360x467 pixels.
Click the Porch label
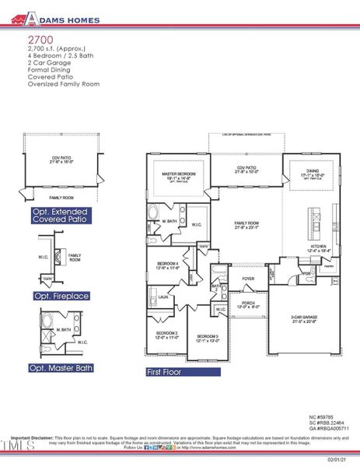coord(248,305)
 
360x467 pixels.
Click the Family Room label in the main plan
coord(246,226)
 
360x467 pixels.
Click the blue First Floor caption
coord(164,373)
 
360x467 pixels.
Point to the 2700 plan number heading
coord(40,37)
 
